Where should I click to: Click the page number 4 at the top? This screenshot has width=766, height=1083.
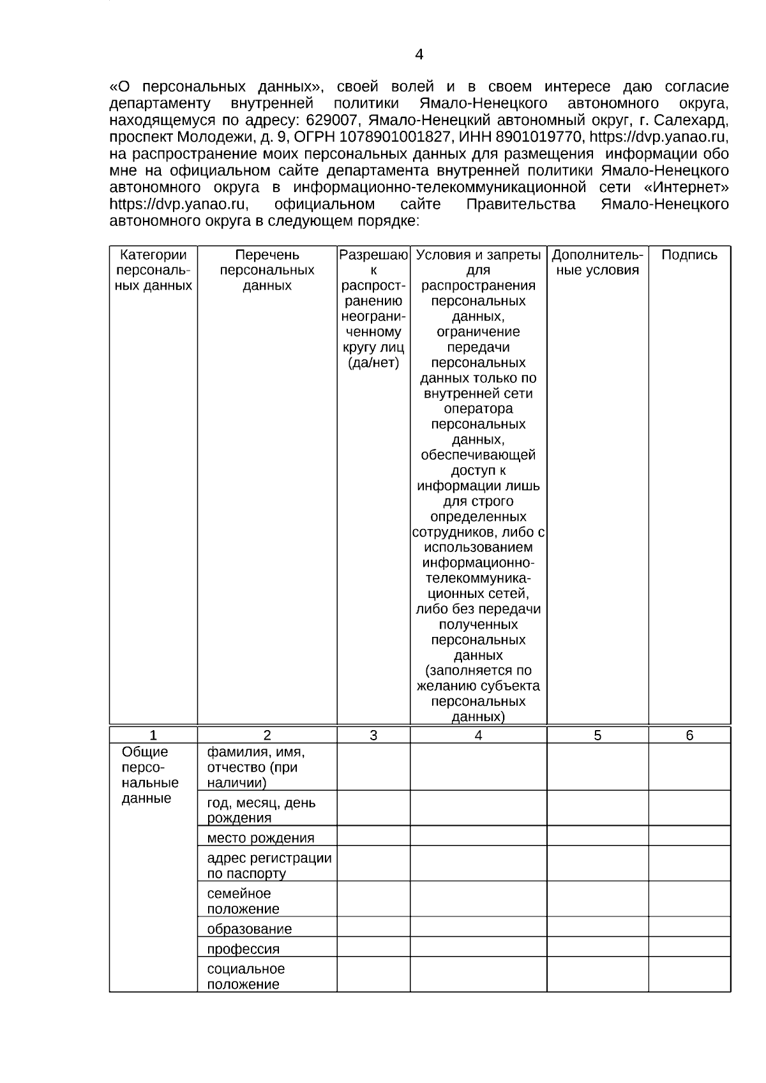419,55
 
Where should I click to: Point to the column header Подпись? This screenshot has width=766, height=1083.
689,255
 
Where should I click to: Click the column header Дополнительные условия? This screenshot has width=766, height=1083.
597,262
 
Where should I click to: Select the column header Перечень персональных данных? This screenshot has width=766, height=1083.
267,270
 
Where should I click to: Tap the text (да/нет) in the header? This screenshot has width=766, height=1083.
373,363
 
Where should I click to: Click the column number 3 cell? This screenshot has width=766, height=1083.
373,735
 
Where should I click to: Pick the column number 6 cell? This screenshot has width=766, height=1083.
689,735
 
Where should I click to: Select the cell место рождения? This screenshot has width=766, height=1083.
260,838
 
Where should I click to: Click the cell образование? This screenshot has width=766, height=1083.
249,929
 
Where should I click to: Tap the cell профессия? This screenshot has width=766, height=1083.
243,949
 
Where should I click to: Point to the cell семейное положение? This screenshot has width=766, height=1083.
243,900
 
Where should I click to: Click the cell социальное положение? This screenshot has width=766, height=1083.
246,976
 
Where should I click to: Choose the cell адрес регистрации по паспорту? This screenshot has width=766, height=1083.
269,865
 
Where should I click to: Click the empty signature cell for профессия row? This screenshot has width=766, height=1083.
689,947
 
